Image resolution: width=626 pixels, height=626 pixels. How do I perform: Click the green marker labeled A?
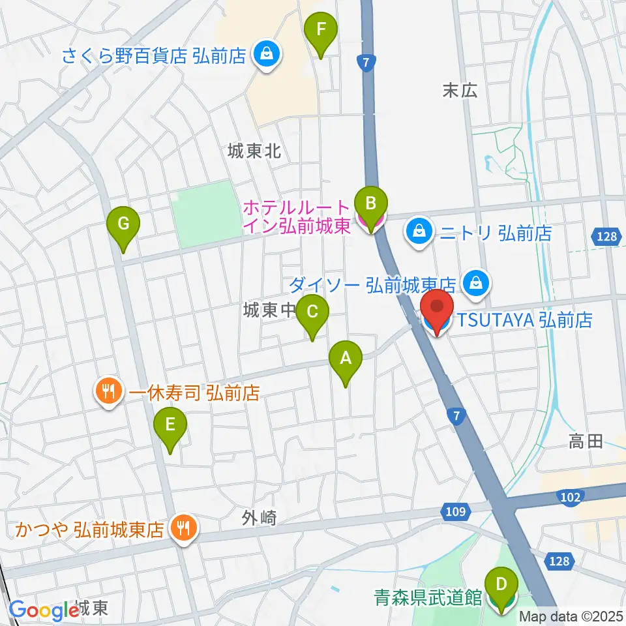[346, 358]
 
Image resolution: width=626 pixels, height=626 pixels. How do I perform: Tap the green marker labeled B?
[370, 203]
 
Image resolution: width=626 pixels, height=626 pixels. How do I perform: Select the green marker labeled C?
[312, 312]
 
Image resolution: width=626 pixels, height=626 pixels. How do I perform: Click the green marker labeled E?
[170, 425]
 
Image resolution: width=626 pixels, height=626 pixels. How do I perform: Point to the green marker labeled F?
[321, 29]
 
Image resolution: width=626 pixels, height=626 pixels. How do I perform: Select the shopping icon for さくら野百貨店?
[267, 54]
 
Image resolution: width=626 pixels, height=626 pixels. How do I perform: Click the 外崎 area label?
[260, 518]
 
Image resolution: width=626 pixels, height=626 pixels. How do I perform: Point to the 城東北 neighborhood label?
[254, 152]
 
